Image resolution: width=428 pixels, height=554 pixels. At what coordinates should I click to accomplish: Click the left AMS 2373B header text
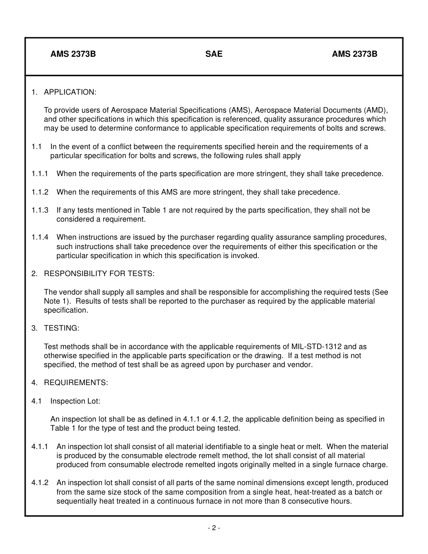point(73,54)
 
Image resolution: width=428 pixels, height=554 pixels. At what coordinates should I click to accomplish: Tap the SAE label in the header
point(214,54)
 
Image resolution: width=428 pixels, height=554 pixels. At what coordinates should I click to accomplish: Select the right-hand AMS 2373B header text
point(355,54)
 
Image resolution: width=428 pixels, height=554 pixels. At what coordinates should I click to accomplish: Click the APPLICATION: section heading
point(70,92)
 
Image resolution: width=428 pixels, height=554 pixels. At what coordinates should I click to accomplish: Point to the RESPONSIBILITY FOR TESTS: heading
point(99,274)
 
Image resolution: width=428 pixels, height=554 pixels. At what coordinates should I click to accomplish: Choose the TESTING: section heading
point(61,328)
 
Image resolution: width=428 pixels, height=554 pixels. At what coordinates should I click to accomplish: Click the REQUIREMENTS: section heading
point(76,383)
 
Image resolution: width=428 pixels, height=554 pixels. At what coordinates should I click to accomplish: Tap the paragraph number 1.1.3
point(40,210)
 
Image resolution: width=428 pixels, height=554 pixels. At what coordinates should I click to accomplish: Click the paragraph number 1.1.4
point(40,237)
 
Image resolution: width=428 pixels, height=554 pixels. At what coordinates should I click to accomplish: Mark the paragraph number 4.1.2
point(40,483)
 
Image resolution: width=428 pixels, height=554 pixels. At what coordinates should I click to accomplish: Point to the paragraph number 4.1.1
point(40,447)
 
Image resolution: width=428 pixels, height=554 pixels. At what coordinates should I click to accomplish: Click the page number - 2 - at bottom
point(214,528)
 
